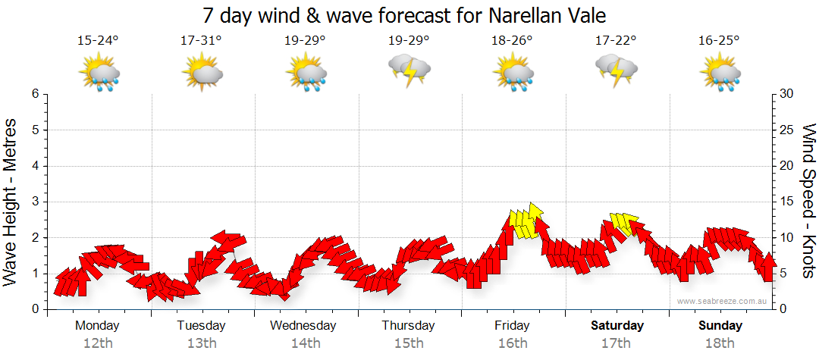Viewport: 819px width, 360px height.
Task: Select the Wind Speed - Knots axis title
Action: [808, 200]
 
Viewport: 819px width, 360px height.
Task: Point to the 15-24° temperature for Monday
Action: [98, 41]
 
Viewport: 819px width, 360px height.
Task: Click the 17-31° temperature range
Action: [201, 41]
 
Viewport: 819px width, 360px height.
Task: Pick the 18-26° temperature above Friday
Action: [513, 41]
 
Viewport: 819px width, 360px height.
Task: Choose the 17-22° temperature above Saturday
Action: [616, 41]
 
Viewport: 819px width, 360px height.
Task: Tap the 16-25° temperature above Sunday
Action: [719, 41]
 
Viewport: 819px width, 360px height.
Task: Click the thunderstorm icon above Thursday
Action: [409, 70]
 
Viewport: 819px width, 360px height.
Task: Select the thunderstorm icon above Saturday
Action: [616, 70]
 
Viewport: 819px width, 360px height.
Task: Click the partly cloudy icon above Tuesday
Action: [202, 74]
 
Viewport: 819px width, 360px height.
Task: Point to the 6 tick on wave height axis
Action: [34, 94]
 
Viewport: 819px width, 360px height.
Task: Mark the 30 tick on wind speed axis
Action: [786, 94]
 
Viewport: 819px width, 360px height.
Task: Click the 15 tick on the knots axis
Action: [786, 202]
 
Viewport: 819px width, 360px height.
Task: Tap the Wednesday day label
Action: [303, 326]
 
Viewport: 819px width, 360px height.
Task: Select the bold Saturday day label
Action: [617, 326]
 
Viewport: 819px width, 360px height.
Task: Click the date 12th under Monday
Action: [98, 343]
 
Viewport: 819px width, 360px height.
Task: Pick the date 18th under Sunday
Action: [720, 343]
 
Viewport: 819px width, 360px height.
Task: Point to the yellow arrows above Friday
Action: [527, 222]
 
